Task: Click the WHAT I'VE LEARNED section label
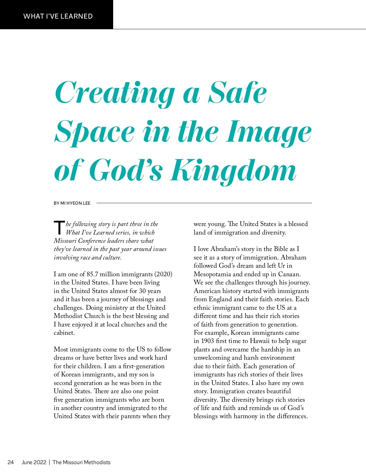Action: (x=58, y=16)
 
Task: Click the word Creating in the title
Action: (x=114, y=93)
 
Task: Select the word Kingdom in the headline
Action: (x=233, y=170)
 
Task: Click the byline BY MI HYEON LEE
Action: (x=72, y=203)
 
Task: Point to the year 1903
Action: (x=207, y=341)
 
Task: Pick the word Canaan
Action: (x=289, y=274)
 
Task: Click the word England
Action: (x=221, y=299)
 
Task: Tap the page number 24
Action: (x=11, y=462)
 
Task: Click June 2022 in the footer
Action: (x=34, y=462)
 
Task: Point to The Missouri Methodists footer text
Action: (x=81, y=462)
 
